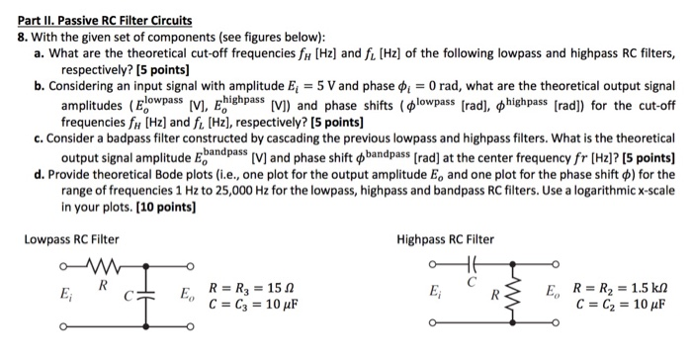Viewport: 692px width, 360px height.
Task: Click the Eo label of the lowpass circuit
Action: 187,294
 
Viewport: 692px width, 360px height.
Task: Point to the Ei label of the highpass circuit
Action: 434,294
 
